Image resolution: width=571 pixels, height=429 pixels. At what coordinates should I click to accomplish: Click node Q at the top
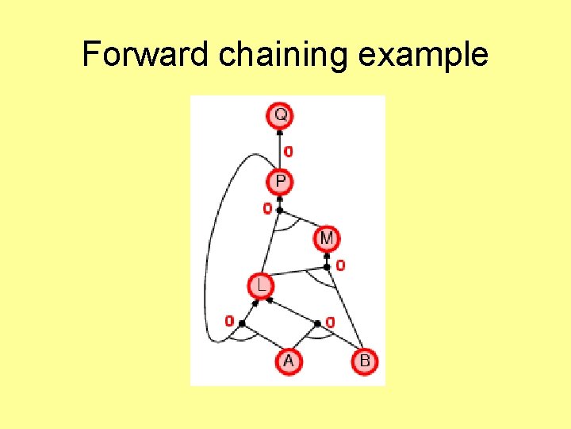tap(280, 116)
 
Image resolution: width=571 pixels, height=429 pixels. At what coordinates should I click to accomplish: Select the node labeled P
tap(280, 182)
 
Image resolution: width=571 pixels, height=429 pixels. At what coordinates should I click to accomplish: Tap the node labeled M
tap(327, 238)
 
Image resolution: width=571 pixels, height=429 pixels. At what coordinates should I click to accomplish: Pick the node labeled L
tap(259, 284)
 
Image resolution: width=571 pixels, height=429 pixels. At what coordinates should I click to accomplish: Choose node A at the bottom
tap(288, 361)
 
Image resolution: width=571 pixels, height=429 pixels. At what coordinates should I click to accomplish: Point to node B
tap(365, 361)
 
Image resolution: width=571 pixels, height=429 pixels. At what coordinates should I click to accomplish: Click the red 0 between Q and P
tap(289, 150)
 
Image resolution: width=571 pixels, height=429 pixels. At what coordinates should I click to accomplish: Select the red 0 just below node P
tap(267, 208)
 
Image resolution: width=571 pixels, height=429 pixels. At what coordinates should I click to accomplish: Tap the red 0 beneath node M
tap(340, 265)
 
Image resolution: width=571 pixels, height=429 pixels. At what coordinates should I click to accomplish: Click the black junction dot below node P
tap(280, 210)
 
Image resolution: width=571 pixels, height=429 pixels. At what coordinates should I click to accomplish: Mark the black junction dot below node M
tap(327, 267)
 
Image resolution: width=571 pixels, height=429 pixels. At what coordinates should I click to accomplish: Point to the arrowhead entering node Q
tap(280, 131)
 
